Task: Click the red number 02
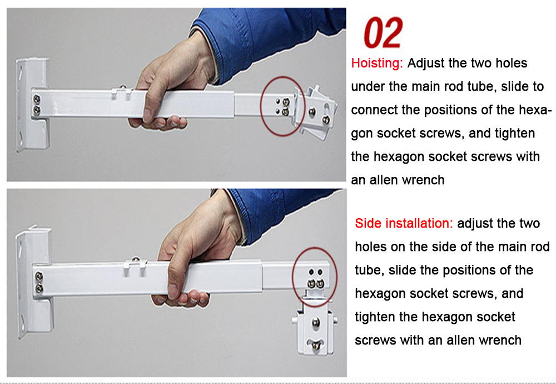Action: [383, 33]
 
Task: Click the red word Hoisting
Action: [377, 63]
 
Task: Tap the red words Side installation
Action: [404, 223]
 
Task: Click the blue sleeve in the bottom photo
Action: [280, 213]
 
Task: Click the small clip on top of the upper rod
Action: [122, 92]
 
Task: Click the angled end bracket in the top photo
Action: [317, 111]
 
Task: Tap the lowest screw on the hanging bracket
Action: [316, 344]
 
